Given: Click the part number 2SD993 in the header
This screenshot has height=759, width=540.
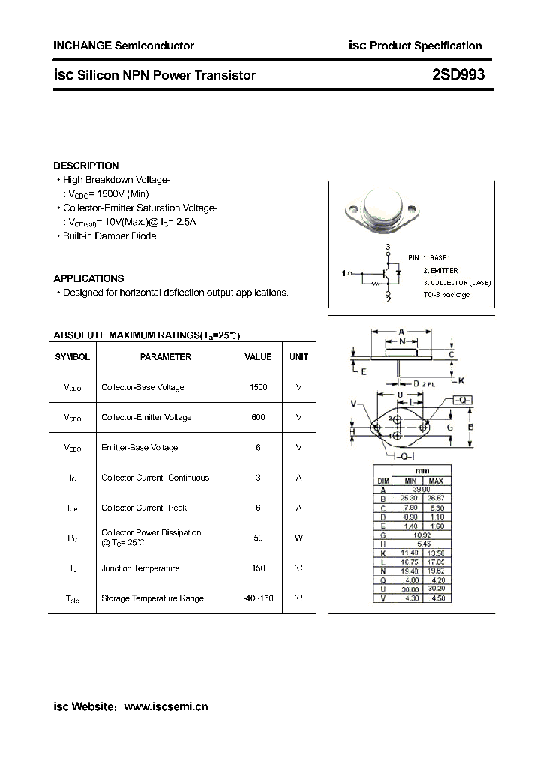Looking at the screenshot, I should pos(458,74).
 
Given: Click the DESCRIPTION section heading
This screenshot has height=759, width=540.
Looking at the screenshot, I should pos(86,166).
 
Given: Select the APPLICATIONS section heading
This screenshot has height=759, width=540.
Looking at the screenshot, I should pos(88,278).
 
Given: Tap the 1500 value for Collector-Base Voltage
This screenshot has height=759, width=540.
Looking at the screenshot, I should pos(258,387).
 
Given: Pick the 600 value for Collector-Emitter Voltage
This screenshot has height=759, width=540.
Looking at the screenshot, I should pos(258,417).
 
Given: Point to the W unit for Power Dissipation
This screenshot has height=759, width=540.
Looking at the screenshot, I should pos(298,538).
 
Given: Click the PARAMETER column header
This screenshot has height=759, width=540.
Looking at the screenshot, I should pos(166,357).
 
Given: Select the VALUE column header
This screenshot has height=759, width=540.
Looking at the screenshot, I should pos(258,357).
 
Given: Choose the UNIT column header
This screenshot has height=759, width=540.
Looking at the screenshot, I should pos(298,357).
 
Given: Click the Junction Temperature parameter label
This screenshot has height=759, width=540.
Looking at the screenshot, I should pos(140,568).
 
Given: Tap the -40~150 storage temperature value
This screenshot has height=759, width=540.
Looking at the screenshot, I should pos(258,598).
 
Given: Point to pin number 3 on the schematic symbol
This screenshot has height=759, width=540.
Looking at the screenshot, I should pos(388,247).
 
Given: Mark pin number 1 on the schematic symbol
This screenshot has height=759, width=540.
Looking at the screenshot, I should pos(343,274).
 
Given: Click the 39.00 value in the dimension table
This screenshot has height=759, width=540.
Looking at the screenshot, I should pos(422,489).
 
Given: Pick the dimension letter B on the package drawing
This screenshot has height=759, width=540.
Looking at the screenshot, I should pos(470,427).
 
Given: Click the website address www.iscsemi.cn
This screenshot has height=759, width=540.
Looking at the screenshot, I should pos(165,706).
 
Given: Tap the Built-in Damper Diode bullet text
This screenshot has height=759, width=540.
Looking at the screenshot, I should pos(109,236).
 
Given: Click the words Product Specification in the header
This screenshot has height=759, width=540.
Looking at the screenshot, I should pos(424,46).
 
